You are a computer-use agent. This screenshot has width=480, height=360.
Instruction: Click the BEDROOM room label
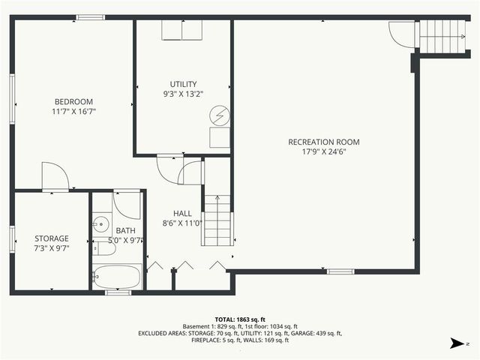pos(73,102)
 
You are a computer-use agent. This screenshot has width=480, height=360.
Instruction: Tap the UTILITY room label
pos(183,84)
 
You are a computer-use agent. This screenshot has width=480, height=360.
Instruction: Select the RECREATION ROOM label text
pos(323,142)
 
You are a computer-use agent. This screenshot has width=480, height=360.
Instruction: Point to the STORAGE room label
pos(52,238)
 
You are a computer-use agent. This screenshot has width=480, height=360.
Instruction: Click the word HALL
pos(183,213)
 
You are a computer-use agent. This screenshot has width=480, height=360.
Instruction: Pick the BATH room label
pos(125,231)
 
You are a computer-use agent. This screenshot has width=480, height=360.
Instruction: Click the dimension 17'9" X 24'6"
pos(323,151)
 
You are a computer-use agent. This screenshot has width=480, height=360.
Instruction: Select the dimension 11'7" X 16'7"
pos(73,112)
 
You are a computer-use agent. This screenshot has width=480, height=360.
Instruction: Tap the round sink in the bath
pos(100,223)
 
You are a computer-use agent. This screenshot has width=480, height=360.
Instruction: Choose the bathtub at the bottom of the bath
pos(116,277)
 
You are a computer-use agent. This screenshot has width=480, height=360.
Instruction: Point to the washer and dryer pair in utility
pos(182,30)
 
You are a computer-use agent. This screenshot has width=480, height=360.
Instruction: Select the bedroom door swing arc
pos(55,176)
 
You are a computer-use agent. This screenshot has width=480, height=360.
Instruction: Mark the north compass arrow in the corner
pos(457,343)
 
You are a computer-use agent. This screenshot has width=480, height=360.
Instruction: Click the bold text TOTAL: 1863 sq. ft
pos(239,319)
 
